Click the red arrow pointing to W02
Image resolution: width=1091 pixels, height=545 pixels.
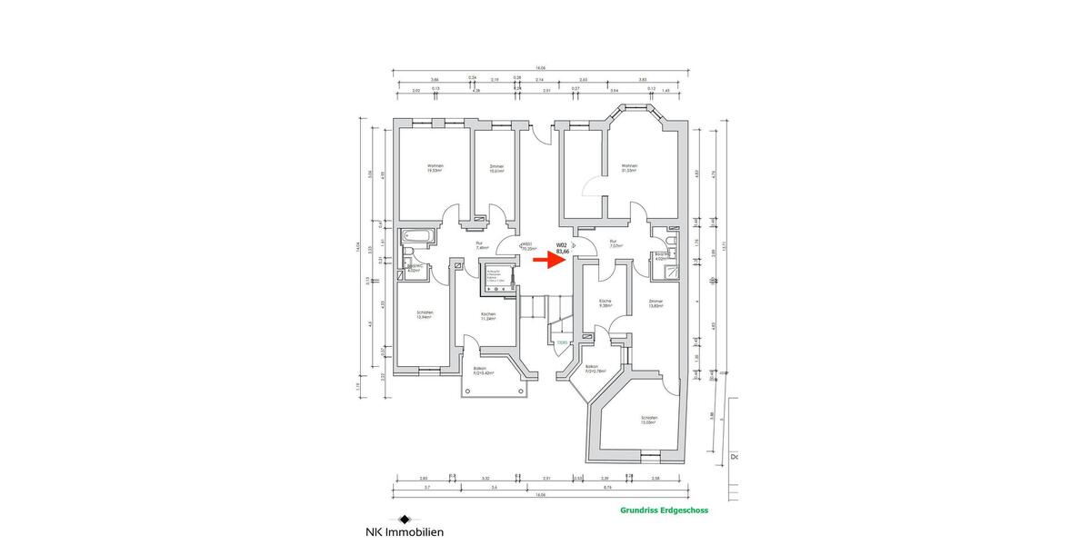(x=546, y=260)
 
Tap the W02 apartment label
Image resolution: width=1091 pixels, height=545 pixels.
(x=562, y=248)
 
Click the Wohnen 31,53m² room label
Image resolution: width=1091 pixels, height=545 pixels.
(x=628, y=169)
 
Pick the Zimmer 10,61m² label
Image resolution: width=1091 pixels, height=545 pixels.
(x=496, y=169)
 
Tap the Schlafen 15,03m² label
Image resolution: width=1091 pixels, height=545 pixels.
(x=648, y=420)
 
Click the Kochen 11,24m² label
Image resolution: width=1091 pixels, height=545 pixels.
(x=489, y=316)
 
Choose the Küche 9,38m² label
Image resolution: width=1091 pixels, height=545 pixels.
(x=604, y=303)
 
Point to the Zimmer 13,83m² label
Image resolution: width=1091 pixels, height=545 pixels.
(x=656, y=303)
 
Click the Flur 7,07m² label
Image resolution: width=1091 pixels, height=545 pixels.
(x=615, y=243)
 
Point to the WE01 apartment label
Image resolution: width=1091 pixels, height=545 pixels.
(x=526, y=245)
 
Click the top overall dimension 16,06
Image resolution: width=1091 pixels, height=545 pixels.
(x=540, y=68)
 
